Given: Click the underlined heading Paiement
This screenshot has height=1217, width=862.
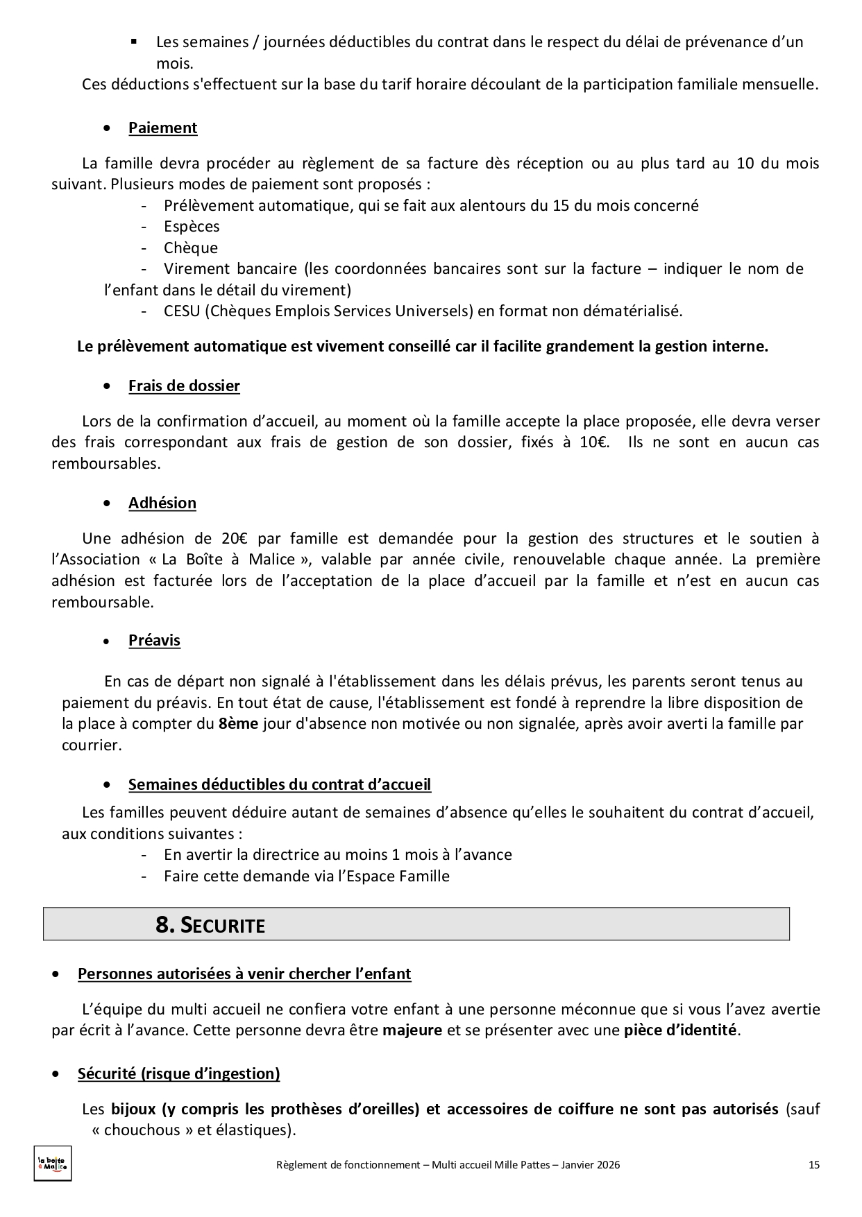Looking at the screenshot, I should (162, 128).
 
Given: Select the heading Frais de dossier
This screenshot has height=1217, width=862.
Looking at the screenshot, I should (184, 386).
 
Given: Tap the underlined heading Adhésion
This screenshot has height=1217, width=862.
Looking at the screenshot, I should (162, 503).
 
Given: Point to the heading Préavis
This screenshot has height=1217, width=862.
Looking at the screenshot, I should (154, 641).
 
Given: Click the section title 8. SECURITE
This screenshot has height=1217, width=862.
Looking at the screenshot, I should (210, 925).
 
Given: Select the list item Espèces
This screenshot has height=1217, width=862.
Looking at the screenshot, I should (192, 227).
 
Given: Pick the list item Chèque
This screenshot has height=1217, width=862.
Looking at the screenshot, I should (191, 248).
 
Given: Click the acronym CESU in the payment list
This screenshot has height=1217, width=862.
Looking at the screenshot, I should (182, 311).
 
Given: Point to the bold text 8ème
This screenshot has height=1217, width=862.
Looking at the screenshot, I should (238, 724).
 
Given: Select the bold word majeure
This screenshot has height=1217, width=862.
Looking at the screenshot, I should (412, 1030).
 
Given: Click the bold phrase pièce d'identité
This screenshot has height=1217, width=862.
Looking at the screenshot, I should (680, 1030).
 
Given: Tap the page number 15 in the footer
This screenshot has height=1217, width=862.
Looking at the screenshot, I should (814, 1165).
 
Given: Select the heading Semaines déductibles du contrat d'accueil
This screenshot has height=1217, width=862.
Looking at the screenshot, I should (280, 785).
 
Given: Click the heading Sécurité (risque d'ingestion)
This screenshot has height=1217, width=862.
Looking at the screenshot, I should (179, 1074).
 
